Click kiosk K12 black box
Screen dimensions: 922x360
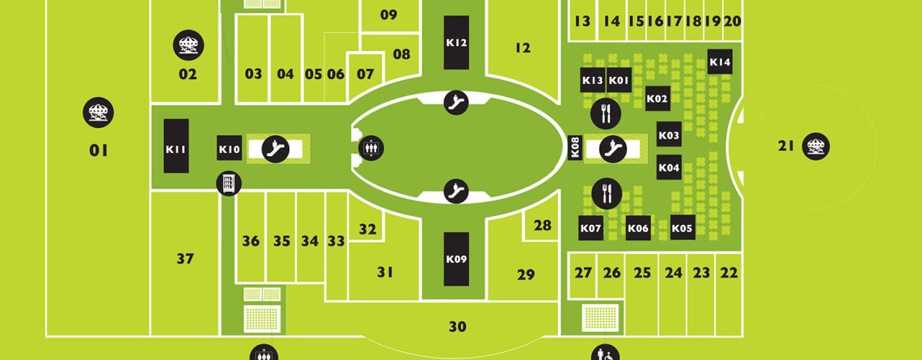[x=456, y=42]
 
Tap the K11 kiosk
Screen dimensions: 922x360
[x=176, y=146]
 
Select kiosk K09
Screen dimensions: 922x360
[x=456, y=259]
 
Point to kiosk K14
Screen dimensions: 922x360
[x=720, y=61]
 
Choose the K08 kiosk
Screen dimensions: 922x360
[x=576, y=148]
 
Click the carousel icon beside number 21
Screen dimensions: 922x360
[x=815, y=146]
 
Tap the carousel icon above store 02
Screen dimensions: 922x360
[x=188, y=45]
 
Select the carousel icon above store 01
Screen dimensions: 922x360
[x=98, y=112]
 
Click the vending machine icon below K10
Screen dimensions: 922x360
[x=229, y=184]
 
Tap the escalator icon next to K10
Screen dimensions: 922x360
[x=275, y=148]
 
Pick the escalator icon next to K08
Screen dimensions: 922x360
[x=613, y=148]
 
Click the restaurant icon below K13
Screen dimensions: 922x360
[x=606, y=113]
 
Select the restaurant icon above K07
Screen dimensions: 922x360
[x=607, y=193]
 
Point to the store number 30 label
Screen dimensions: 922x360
[x=458, y=327]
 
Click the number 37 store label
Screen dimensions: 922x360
[x=185, y=259]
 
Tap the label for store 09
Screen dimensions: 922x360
[x=389, y=15]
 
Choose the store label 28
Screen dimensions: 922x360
[x=543, y=225]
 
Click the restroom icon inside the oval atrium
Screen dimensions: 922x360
[x=371, y=148]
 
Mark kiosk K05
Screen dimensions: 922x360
[x=683, y=227]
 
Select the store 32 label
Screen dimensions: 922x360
[x=367, y=230]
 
